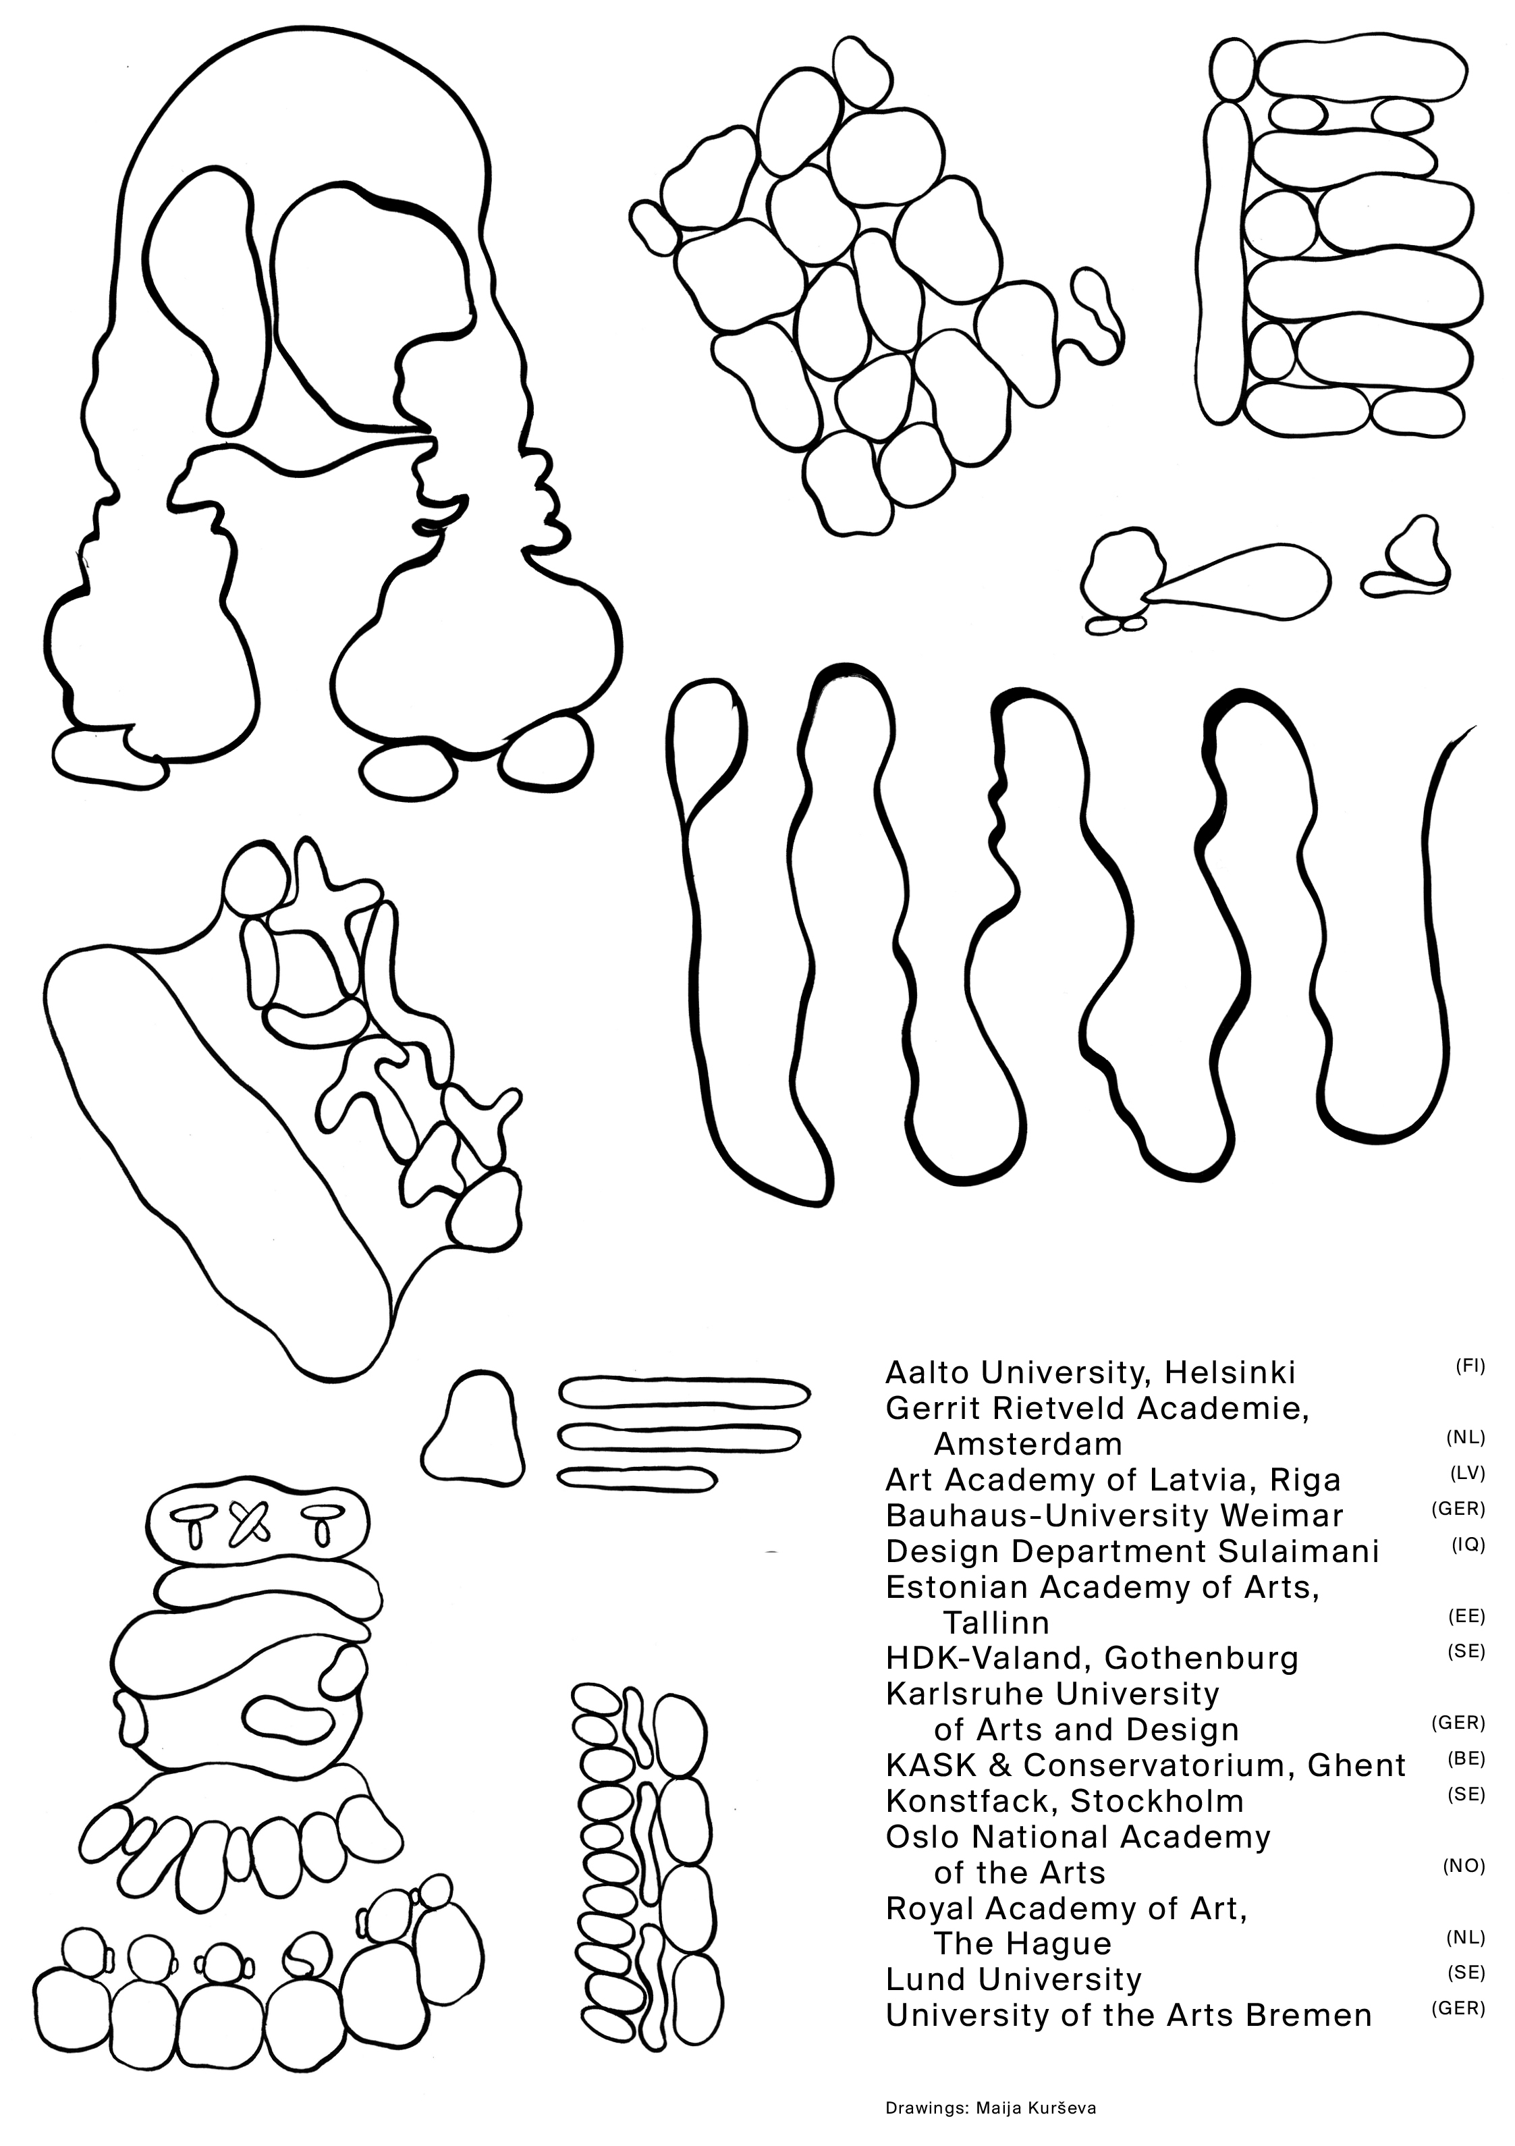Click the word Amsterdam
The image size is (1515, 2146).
[x=1028, y=1444]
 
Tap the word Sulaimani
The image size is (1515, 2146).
[x=1299, y=1551]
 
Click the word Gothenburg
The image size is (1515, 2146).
[x=1201, y=1658]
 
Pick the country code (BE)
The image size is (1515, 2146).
[x=1467, y=1757]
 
